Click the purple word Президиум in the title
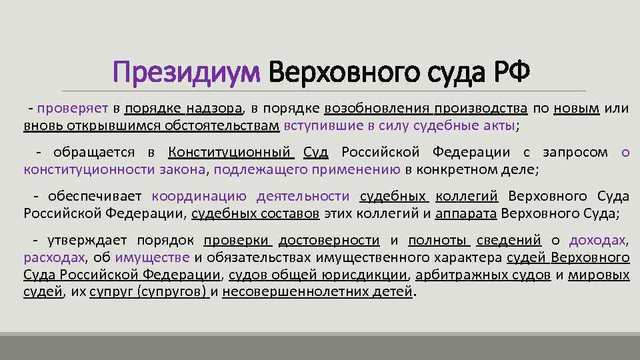186,71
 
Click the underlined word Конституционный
231,153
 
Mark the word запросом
575,153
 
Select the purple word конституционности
89,169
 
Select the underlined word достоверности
329,241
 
